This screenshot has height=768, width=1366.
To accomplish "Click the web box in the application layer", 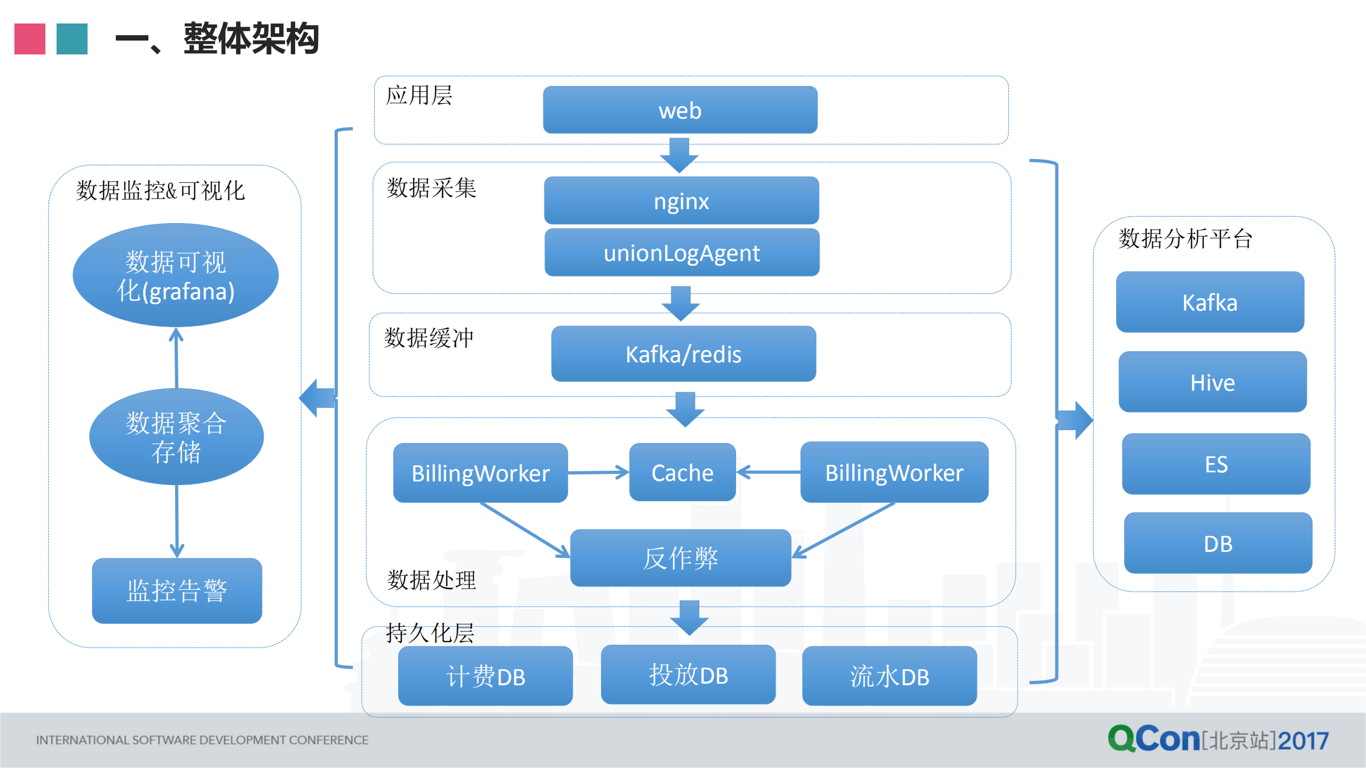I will [x=680, y=110].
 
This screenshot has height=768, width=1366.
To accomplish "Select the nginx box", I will [x=681, y=201].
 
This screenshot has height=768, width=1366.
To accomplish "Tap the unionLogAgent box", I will [x=682, y=252].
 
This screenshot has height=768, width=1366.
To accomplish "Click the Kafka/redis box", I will [x=683, y=354].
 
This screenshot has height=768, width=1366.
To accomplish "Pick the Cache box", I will [x=682, y=472].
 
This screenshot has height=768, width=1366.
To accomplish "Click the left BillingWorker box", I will [x=480, y=473].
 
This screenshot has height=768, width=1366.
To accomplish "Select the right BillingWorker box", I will [x=894, y=472].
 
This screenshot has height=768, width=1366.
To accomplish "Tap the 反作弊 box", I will [x=681, y=558].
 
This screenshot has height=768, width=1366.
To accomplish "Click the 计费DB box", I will [x=485, y=676].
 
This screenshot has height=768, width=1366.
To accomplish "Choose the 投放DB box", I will [x=688, y=675].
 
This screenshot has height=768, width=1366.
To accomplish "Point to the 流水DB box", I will [x=889, y=676].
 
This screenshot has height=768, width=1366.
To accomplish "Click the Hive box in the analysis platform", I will [x=1212, y=382].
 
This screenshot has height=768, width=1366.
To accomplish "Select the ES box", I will [x=1216, y=464].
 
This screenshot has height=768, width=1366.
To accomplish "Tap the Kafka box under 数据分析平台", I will [x=1210, y=302].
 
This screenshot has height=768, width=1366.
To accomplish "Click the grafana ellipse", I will [x=176, y=275].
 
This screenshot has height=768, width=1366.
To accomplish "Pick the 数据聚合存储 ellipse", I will [x=176, y=437].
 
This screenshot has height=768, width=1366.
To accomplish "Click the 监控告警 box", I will [x=177, y=591].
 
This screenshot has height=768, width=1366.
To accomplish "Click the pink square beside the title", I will [x=30, y=39].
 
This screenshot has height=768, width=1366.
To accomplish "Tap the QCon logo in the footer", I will [x=1153, y=739].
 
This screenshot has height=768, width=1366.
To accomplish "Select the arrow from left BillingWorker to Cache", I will [x=598, y=472].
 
